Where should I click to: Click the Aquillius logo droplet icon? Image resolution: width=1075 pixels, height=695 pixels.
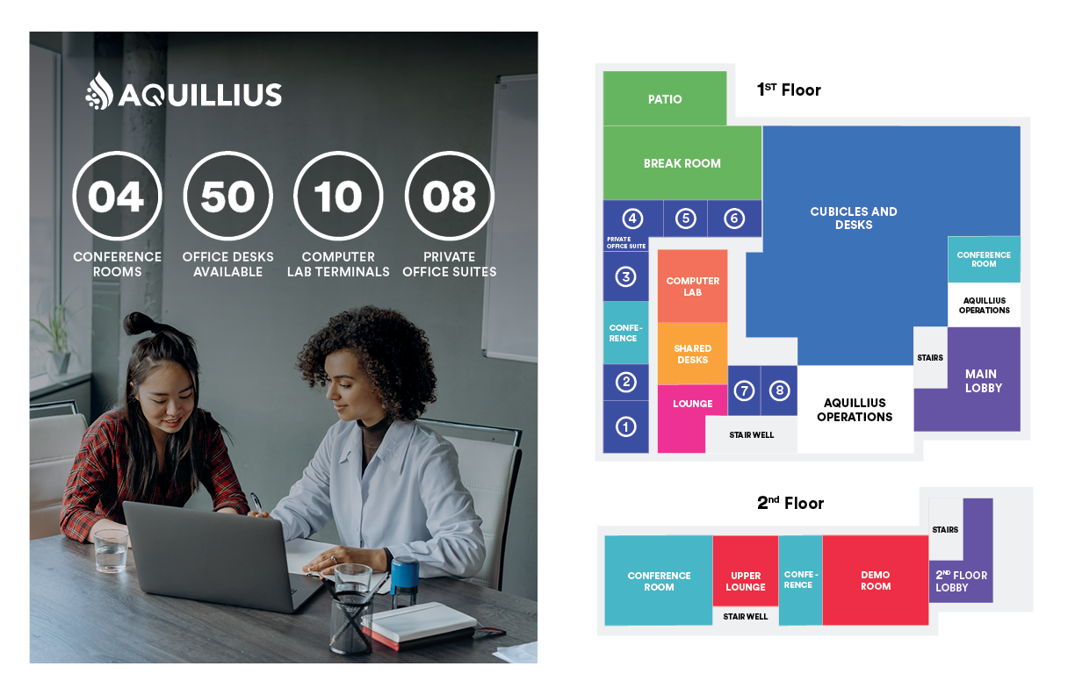point(99,92)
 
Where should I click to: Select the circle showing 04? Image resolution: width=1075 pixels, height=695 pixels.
point(117,197)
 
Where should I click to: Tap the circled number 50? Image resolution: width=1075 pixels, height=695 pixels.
point(227,197)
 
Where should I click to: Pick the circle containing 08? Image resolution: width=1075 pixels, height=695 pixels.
point(449,197)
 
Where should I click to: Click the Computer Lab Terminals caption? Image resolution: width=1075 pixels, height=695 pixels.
point(338,264)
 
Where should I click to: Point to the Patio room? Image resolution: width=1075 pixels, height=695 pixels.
point(665,99)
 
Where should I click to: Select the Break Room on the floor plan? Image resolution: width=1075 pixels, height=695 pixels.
point(682,163)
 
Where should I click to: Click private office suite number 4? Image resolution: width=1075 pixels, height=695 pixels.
point(632,219)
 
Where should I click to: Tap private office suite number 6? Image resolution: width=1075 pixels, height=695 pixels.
point(734,219)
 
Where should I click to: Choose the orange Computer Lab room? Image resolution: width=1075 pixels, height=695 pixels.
point(693,286)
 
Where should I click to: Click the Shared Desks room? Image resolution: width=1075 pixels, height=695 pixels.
point(693,354)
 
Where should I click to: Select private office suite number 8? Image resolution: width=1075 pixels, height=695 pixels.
point(778,390)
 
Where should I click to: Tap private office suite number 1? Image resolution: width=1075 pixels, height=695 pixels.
point(625,426)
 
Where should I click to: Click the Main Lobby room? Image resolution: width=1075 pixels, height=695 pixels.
point(983,381)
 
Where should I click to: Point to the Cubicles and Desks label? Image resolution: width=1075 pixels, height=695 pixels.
point(854,218)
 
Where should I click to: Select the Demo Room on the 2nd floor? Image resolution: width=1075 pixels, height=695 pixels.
point(875,581)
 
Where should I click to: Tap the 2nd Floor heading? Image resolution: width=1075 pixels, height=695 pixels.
point(790,504)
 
